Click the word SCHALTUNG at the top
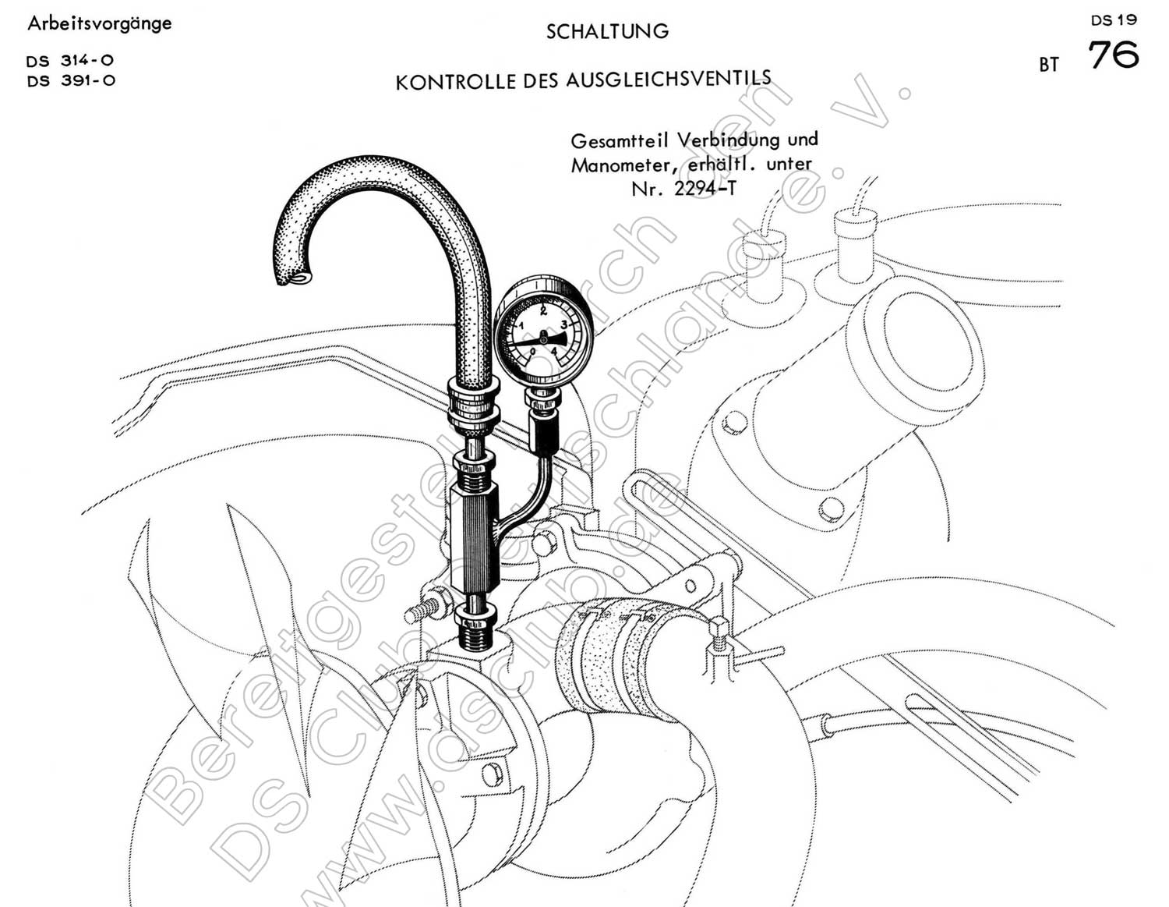[607, 31]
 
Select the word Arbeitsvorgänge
[100, 23]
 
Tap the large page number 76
[1113, 55]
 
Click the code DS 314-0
[70, 61]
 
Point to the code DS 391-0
[71, 81]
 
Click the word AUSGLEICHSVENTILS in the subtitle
[668, 79]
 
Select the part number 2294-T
[705, 189]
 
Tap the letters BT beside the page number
[1048, 65]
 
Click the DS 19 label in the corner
[1114, 20]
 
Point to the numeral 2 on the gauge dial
[543, 310]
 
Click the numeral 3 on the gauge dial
[564, 324]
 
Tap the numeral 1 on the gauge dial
[521, 325]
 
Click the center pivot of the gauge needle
[543, 338]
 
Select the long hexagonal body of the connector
[474, 536]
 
